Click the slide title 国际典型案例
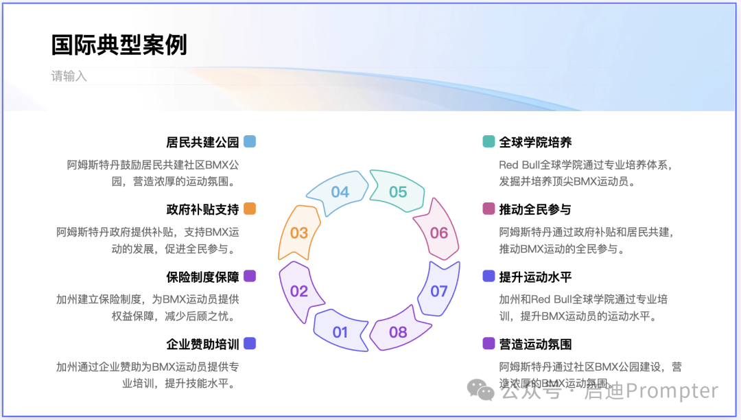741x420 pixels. (119, 45)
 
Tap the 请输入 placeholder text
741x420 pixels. (69, 76)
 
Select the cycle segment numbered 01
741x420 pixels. (340, 332)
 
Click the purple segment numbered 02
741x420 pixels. (299, 291)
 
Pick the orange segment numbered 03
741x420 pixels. (299, 233)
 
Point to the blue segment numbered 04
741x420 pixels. (340, 192)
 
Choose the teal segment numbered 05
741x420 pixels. (398, 192)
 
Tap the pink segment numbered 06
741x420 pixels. (439, 233)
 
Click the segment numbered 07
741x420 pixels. (439, 291)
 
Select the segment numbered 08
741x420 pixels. (398, 332)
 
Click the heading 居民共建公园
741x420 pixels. (202, 142)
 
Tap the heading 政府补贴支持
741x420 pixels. (202, 209)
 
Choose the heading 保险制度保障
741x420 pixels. (202, 277)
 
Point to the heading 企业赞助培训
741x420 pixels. (202, 344)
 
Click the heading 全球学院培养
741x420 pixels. (535, 142)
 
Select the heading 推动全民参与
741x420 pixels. (535, 209)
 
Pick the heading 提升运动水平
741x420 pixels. (535, 277)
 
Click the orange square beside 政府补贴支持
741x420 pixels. (250, 209)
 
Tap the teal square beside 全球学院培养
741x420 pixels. (489, 141)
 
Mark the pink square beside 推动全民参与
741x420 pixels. (489, 209)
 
